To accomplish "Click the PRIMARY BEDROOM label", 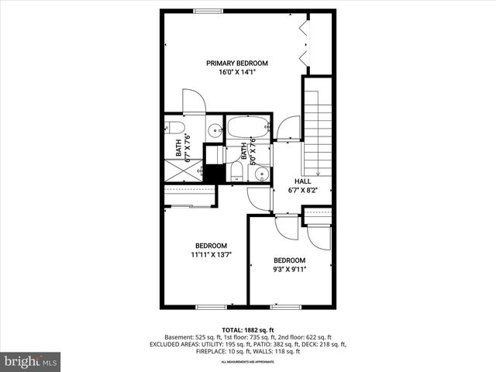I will pyautogui.click(x=236, y=63).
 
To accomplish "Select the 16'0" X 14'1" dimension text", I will pyautogui.click(x=236, y=72).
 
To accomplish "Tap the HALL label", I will pyautogui.click(x=302, y=180).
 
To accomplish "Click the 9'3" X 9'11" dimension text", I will pyautogui.click(x=290, y=270).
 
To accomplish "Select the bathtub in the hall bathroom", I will pyautogui.click(x=247, y=127).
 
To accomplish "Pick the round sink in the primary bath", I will pyautogui.click(x=215, y=130).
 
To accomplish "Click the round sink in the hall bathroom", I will pyautogui.click(x=262, y=174).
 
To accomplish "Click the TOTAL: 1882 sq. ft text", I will pyautogui.click(x=247, y=329).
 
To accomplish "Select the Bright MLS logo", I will pyautogui.click(x=31, y=361).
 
